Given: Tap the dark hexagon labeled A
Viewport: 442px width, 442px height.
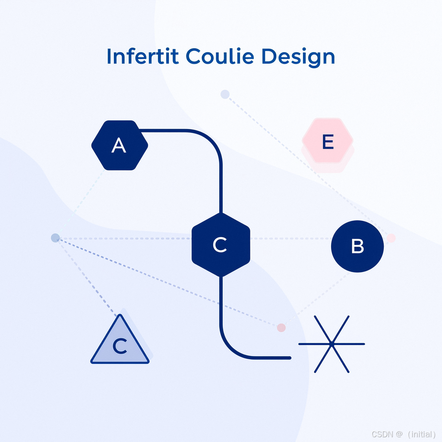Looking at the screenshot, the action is [x=120, y=145].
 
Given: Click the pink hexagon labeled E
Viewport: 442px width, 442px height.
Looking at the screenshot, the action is [x=328, y=141].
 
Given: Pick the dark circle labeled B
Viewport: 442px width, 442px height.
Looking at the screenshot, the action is [x=357, y=246].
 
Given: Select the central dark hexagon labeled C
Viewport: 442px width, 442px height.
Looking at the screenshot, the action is [x=221, y=245].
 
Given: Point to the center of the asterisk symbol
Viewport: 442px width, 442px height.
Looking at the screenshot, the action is [x=331, y=344].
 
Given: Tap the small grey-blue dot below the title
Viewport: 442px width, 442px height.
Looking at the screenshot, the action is [x=225, y=94].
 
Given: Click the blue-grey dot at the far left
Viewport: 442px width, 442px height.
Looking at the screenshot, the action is [x=55, y=237].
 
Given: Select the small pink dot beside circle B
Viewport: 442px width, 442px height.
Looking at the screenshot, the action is [x=391, y=238].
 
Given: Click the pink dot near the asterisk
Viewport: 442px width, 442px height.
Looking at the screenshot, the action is [x=281, y=328].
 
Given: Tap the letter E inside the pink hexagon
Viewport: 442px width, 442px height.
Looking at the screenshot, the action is [x=328, y=142].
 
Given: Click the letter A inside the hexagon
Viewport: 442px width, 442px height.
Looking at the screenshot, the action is [x=119, y=146].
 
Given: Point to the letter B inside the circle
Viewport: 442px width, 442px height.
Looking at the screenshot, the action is [x=357, y=246].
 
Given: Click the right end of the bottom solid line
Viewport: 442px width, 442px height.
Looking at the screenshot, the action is [x=290, y=358].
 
